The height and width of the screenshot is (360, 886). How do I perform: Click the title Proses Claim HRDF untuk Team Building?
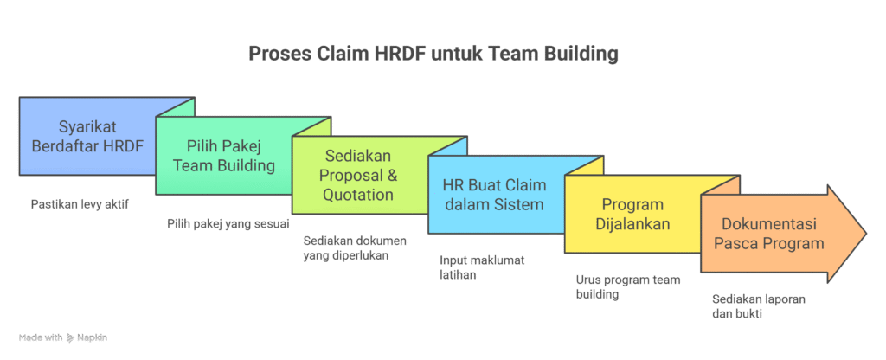[433, 55]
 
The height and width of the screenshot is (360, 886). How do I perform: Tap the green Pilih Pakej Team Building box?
[223, 156]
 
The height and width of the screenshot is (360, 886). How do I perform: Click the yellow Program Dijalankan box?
[631, 215]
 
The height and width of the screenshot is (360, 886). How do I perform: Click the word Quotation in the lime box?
[358, 195]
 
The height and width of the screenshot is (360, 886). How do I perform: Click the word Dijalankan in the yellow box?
[632, 224]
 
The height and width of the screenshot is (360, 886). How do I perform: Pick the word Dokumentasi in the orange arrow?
[769, 224]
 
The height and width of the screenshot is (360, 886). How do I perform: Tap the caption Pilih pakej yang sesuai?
[215, 223]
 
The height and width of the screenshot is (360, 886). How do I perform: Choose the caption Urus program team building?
[616, 286]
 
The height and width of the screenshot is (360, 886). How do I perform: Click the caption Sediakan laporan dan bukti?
[747, 305]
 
